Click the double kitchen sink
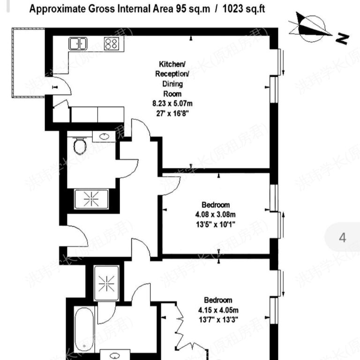(x=78, y=44)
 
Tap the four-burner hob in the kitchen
(x=111, y=44)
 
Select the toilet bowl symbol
(x=80, y=146)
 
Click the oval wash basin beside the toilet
(x=105, y=136)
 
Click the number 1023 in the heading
(x=234, y=8)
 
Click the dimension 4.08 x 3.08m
(x=216, y=215)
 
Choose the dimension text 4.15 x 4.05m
(x=218, y=310)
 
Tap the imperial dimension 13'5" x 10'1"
(x=216, y=224)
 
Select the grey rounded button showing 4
(x=342, y=237)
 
